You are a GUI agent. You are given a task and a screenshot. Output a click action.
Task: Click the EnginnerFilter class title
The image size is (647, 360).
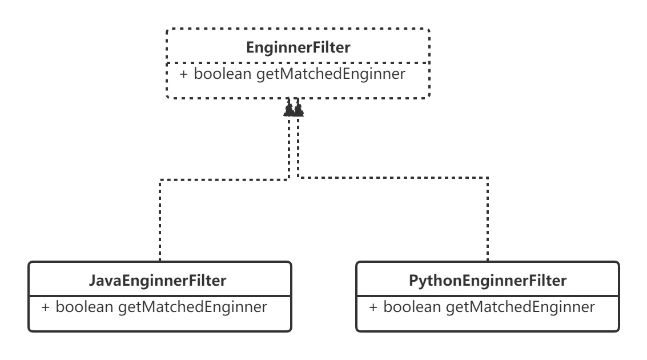[298, 47]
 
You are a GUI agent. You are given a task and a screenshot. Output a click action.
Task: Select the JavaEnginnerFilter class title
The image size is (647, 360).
[158, 281]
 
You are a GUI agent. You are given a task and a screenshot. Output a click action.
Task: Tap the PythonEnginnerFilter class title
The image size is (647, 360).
[488, 281]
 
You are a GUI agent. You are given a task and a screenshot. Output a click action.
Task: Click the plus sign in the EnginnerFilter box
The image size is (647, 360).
[184, 74]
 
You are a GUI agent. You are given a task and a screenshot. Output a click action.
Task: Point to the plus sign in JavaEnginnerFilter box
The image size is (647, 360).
[46, 307]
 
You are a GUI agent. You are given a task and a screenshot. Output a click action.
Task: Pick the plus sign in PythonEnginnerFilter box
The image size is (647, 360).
[373, 307]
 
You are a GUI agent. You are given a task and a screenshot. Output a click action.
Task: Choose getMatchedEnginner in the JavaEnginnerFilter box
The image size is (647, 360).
[192, 307]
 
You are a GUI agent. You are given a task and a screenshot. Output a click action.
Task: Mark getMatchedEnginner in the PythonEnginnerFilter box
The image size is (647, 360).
[520, 307]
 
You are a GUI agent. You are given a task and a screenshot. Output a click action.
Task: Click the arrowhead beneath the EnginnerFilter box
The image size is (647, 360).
[295, 110]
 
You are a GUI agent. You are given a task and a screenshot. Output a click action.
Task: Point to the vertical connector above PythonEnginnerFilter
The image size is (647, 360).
[486, 223]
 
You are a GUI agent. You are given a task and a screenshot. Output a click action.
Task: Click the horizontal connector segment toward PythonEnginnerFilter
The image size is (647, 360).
[394, 179]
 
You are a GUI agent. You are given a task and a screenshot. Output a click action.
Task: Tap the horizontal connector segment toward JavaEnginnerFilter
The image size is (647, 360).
[223, 181]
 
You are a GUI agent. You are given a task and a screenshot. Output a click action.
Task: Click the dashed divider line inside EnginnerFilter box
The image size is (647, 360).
[298, 62]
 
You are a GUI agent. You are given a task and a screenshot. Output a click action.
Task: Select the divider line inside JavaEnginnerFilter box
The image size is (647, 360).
[159, 297]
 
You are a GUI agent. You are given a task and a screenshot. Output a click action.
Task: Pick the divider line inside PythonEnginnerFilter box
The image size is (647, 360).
[488, 297]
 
